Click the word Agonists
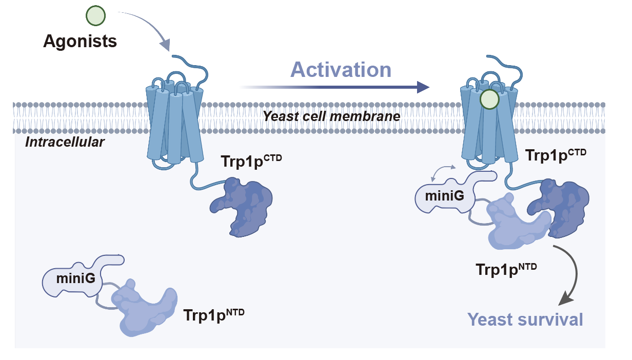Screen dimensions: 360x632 [x=80, y=41]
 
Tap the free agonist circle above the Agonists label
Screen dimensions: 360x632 [x=95, y=15]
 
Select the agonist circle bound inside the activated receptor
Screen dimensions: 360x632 [x=489, y=99]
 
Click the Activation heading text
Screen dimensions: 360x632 [x=341, y=70]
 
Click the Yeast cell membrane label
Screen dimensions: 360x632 [x=331, y=116]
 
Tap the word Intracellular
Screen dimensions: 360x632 [x=65, y=142]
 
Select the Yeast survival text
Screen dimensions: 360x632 [x=525, y=319]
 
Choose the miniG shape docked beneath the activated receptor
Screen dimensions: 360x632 [x=446, y=195]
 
